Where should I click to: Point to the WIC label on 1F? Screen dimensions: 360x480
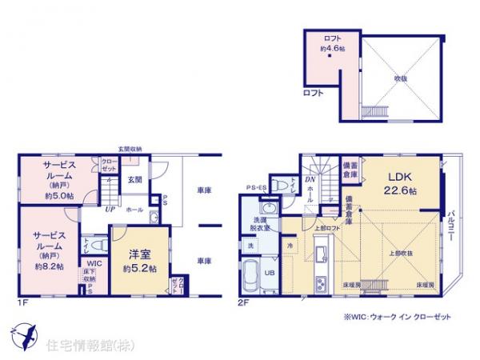click(x=94, y=263)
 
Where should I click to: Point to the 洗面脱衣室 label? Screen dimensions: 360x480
click(x=265, y=223)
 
